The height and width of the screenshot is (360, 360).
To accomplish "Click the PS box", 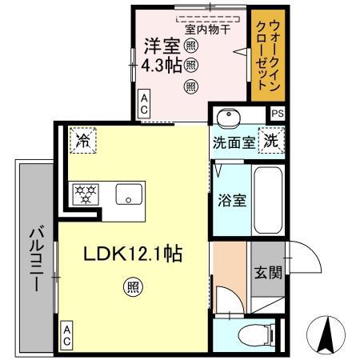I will point(278,114).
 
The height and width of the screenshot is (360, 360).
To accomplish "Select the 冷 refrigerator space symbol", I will point(82,139).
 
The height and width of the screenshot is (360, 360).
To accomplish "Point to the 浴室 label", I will point(232,199).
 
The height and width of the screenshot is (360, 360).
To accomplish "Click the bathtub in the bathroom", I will point(266,198).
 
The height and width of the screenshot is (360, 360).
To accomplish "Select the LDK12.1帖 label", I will point(134,254).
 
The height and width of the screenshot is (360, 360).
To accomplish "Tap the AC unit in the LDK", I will point(66,334).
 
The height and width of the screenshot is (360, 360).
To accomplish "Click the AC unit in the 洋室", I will point(144,103).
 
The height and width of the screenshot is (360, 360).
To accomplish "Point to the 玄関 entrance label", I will point(267,272).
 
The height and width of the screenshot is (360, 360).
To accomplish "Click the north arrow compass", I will point(327,334).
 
